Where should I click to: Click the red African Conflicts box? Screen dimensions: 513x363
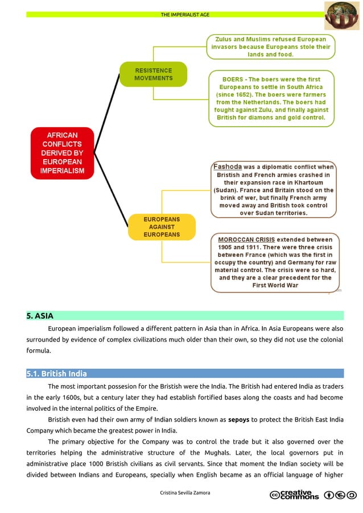[62, 153]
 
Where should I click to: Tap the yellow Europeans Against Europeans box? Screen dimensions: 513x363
[161, 227]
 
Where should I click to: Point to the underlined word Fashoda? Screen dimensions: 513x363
[227, 167]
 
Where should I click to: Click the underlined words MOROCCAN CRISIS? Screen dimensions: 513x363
[246, 240]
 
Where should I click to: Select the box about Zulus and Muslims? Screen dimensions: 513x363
[270, 47]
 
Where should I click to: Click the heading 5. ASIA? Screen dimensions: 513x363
[39, 316]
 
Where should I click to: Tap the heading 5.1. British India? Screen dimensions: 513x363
[56, 374]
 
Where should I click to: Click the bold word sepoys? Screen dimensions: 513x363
[239, 420]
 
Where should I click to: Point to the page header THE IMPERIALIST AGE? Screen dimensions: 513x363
[185, 14]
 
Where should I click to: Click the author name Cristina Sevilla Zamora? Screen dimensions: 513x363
[185, 493]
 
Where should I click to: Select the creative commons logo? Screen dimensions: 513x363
[294, 495]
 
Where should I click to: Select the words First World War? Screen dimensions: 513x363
[275, 285]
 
